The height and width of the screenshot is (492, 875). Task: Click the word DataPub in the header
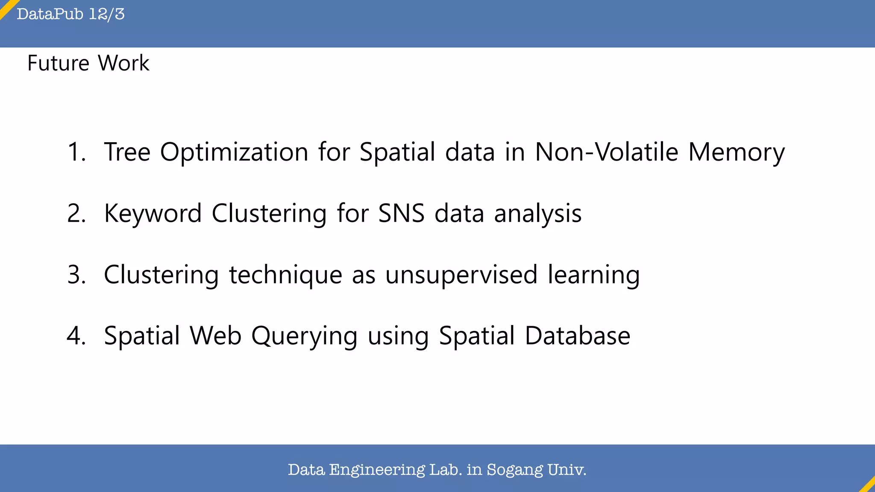[x=50, y=14]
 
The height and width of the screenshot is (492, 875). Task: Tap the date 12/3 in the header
[x=107, y=14]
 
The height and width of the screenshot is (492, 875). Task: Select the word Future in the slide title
[x=59, y=63]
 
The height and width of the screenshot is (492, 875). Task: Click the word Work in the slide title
[x=123, y=63]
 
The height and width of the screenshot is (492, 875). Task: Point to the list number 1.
[x=76, y=152]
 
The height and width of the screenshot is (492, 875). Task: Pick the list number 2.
[x=76, y=213]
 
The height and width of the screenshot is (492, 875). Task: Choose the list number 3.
[x=76, y=274]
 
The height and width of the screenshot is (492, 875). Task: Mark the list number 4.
[x=76, y=336]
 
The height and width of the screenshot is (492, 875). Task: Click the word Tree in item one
[x=127, y=152]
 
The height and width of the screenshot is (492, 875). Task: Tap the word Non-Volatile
[x=607, y=152]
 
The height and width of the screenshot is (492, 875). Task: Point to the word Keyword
[x=153, y=214]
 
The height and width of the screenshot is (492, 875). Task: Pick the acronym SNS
[x=401, y=213]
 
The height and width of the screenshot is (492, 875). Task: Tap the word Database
[x=578, y=336]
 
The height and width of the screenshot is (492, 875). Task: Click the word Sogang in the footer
[x=515, y=470]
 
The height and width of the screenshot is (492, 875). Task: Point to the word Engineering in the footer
[x=377, y=470]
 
